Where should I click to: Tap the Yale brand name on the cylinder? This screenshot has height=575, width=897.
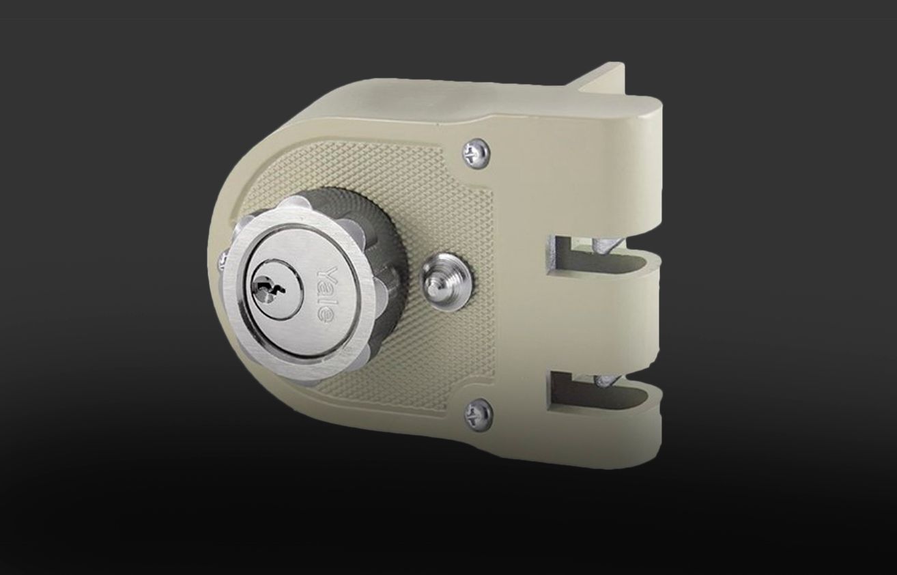point(325,293)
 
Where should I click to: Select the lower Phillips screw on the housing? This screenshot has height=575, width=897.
point(479,415)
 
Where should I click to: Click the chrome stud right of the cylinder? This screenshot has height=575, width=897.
point(446,281)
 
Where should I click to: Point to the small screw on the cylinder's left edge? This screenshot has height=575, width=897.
point(223,260)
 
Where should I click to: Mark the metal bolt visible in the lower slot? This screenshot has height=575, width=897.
point(606,380)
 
